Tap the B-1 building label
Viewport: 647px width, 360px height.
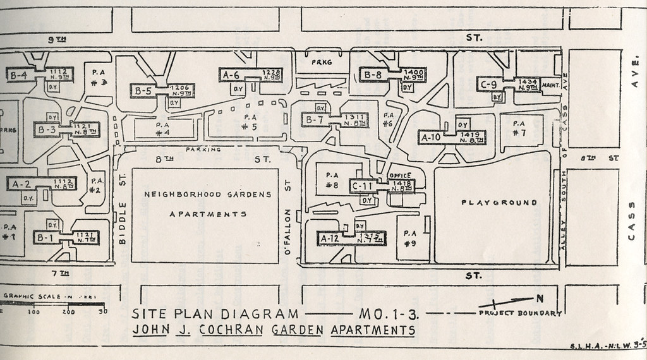pyautogui.click(x=44, y=238)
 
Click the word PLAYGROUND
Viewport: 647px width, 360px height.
pyautogui.click(x=499, y=203)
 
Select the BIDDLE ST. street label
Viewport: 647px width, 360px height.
pyautogui.click(x=124, y=209)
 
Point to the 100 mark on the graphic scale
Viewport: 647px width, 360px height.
pyautogui.click(x=33, y=312)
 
